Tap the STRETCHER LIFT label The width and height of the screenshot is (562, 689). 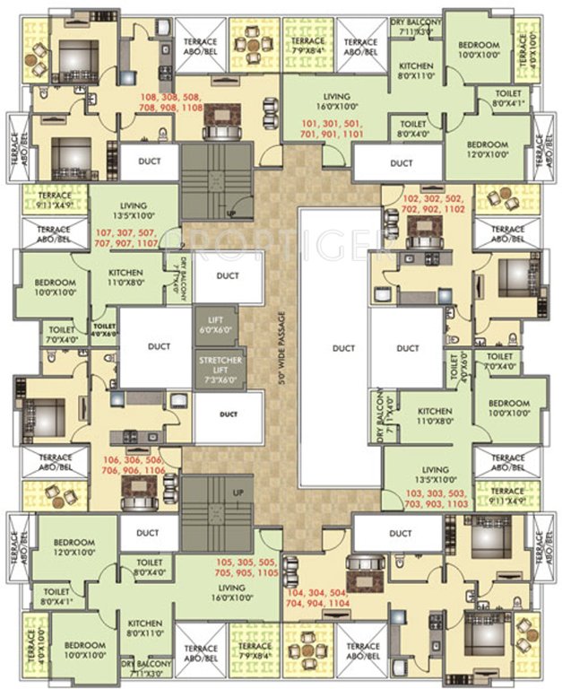[x=215, y=371]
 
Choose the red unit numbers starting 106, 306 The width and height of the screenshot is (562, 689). [x=131, y=463]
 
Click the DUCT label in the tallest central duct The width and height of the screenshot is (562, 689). [x=342, y=347]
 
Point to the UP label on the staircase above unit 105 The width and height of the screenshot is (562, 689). [x=237, y=493]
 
